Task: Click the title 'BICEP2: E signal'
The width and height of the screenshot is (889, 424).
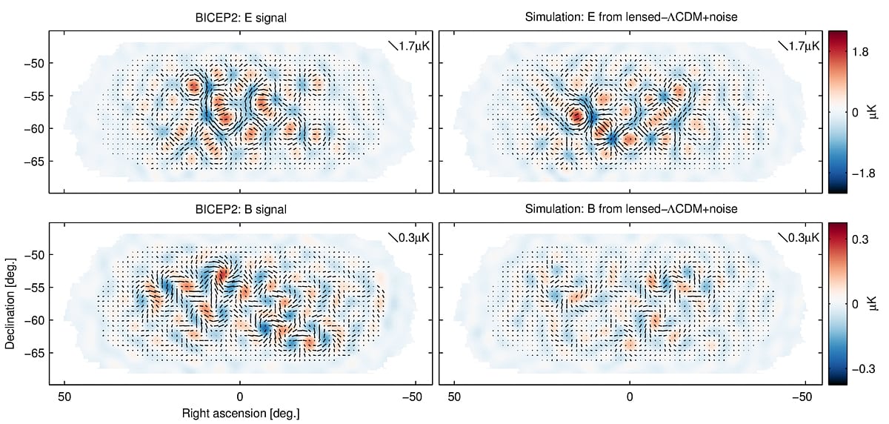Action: click(240, 19)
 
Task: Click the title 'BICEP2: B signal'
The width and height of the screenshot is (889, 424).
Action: click(240, 210)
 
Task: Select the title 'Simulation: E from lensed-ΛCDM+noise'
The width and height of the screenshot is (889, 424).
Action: click(630, 19)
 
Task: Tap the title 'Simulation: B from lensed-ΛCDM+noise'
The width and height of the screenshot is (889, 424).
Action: click(630, 210)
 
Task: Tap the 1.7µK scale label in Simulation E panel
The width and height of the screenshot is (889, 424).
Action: click(800, 46)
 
